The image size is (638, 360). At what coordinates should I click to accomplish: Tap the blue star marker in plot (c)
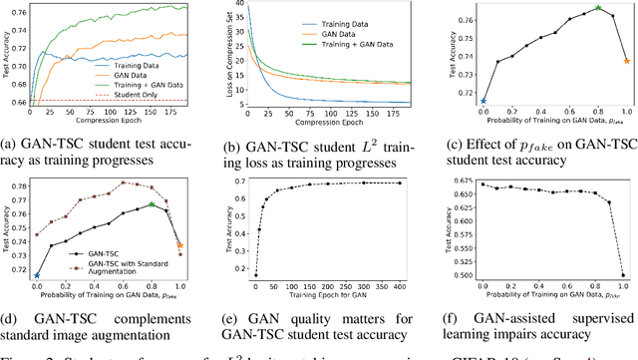point(483,101)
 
